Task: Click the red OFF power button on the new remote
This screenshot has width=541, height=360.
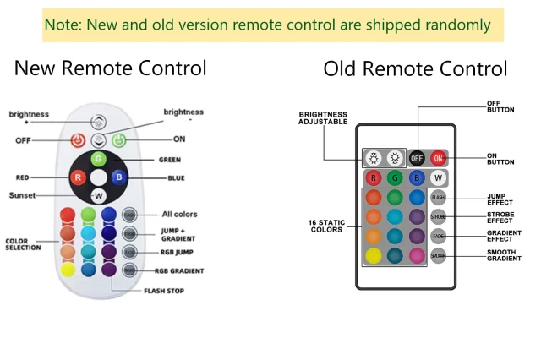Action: [x=78, y=140]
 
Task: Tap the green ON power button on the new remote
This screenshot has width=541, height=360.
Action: [x=118, y=140]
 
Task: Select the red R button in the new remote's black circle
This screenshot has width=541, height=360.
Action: [x=78, y=177]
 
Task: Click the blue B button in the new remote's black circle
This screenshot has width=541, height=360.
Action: [x=119, y=177]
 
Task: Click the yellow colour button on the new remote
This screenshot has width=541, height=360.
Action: [x=68, y=270]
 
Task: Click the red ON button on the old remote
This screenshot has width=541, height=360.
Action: [x=438, y=158]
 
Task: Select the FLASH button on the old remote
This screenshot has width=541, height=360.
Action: [x=438, y=197]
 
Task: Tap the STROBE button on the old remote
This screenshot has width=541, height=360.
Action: [x=438, y=216]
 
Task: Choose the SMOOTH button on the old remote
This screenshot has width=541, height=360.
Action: [x=438, y=255]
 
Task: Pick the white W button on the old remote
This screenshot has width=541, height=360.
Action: [x=438, y=177]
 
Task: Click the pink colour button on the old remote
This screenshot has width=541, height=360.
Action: [x=417, y=255]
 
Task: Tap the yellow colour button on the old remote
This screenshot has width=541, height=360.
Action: [x=373, y=255]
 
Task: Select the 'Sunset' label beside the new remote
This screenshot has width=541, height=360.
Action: [x=23, y=195]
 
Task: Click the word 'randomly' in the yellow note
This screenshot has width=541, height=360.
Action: [x=456, y=25]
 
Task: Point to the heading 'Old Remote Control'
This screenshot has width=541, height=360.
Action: [x=415, y=68]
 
